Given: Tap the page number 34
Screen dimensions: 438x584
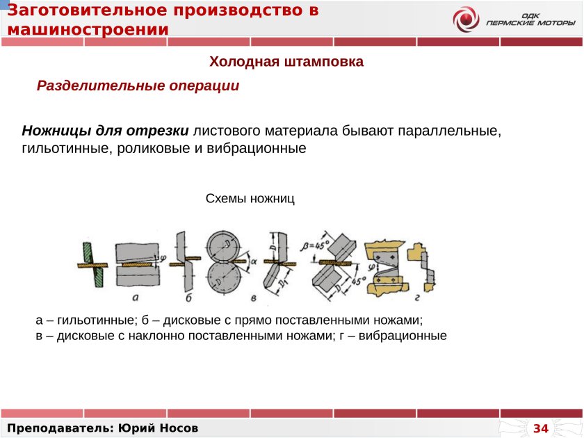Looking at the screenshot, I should (x=541, y=428).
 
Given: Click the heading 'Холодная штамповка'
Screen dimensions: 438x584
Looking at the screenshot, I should (x=286, y=62).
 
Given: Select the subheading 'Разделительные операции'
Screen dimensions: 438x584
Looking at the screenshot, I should (x=138, y=86).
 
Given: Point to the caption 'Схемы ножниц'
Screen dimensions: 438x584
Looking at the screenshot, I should (x=250, y=199).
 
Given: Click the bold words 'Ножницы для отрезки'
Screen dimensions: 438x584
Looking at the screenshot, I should (x=106, y=131).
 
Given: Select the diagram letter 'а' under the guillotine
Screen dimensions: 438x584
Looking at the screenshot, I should (x=136, y=297).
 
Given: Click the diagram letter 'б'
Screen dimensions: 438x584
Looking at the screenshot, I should (x=189, y=298).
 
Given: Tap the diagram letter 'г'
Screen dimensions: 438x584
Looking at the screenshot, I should (x=416, y=298).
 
